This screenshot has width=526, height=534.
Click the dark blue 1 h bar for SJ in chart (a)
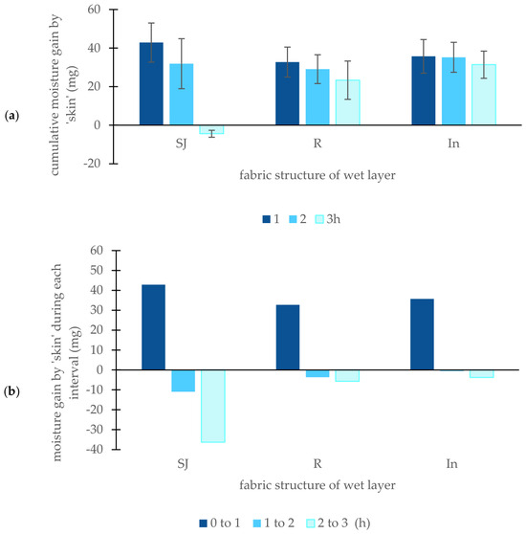(151, 84)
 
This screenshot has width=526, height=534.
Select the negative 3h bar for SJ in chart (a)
(211, 130)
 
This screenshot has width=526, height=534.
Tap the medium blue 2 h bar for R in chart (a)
(318, 97)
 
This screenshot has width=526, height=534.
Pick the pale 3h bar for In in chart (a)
(484, 95)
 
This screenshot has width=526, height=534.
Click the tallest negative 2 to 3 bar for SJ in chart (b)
(213, 406)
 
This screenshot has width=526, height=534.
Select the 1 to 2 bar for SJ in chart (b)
(183, 381)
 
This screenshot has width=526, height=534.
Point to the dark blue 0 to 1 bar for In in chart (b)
(422, 334)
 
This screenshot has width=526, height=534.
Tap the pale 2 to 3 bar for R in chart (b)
(347, 376)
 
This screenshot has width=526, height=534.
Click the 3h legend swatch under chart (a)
(319, 219)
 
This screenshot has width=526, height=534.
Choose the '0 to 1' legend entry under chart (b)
(220, 523)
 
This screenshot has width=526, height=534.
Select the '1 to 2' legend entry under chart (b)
(274, 523)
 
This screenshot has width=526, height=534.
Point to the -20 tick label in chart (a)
(92, 164)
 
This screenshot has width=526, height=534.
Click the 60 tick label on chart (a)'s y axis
(95, 10)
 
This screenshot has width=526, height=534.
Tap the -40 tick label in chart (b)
(95, 449)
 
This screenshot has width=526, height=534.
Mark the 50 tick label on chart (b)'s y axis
(97, 271)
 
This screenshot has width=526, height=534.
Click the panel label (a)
(11, 116)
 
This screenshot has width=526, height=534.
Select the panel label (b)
(11, 391)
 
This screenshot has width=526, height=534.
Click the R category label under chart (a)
(318, 143)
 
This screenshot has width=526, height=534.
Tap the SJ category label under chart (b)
(183, 464)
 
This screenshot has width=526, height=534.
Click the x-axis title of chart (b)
(318, 484)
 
